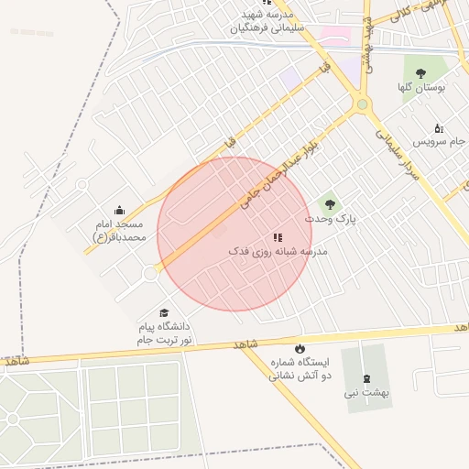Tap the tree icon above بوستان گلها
pyautogui.click(x=421, y=73)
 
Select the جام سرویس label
pyautogui.click(x=438, y=142)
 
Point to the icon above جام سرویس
pyautogui.click(x=438, y=128)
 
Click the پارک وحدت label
pyautogui.click(x=329, y=220)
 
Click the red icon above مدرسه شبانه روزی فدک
pyautogui.click(x=277, y=237)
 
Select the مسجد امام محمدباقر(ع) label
pyautogui.click(x=118, y=231)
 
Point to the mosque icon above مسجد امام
pyautogui.click(x=118, y=211)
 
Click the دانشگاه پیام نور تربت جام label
pyautogui.click(x=164, y=333)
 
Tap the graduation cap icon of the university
pyautogui.click(x=164, y=313)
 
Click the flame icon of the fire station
pyautogui.click(x=299, y=349)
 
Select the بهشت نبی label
pyautogui.click(x=367, y=392)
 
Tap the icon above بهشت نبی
pyautogui.click(x=367, y=377)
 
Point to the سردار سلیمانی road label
pyautogui.click(x=395, y=151)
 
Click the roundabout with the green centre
pyautogui.click(x=363, y=105)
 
